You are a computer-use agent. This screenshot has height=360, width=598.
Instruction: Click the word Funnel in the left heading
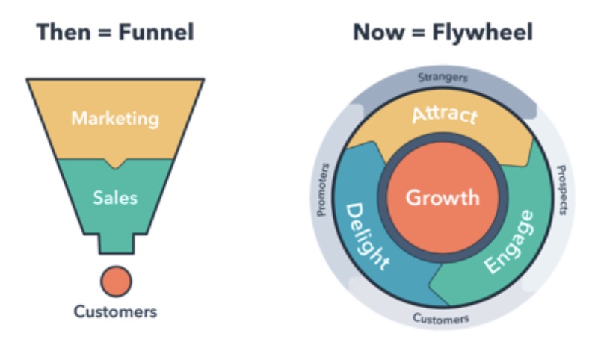156,31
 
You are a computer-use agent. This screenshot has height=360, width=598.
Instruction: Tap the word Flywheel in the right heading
482,32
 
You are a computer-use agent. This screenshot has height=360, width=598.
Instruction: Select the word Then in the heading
64,31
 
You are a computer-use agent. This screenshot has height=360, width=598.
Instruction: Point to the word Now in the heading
379,31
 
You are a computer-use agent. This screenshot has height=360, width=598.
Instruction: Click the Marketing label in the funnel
115,119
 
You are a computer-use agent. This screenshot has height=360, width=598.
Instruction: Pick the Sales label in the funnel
115,198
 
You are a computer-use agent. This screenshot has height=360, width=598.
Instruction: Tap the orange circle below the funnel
117,282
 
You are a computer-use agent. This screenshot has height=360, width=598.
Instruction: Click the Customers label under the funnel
115,311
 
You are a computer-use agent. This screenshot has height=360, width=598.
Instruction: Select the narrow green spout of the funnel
117,243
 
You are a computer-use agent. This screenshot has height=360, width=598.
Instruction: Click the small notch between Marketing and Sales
116,164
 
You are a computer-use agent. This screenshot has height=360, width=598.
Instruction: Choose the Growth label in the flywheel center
443,198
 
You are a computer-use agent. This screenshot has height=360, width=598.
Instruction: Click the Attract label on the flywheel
445,115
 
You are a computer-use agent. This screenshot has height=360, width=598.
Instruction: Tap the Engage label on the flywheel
510,241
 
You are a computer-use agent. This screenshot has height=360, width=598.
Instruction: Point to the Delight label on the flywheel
366,236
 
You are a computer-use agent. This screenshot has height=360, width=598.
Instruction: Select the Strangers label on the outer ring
443,78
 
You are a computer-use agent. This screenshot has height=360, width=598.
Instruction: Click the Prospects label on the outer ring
562,190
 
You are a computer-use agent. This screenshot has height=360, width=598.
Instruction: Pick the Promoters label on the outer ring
323,190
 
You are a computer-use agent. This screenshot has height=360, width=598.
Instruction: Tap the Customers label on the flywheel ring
441,318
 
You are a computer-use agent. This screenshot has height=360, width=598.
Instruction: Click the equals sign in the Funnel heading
105,32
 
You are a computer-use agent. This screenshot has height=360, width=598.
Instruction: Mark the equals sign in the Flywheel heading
418,32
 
